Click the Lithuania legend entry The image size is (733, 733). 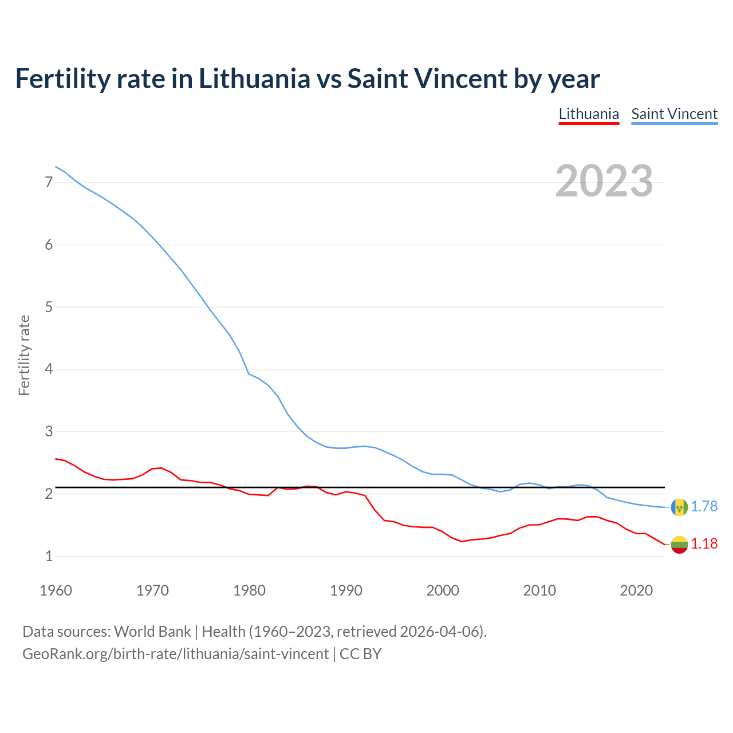pos(589,114)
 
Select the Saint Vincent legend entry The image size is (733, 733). pos(674,114)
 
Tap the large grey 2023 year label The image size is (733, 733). pos(604,181)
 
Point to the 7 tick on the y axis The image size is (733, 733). pos(49,182)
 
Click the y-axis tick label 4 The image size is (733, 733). pos(49,369)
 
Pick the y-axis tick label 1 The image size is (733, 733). pos(49,555)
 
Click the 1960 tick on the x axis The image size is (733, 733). pos(56,590)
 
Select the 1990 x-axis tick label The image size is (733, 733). pos(346,590)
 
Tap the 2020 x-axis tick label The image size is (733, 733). pos(636,590)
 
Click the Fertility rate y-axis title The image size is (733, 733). pos(24,355)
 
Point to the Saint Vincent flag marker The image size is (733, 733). pos(679,507)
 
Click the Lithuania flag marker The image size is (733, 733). pos(679,544)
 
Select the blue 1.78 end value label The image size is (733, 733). pos(704,507)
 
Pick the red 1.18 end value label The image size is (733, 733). pos(704,544)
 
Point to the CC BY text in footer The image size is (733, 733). pos(360,654)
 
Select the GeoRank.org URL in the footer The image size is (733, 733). pos(175,654)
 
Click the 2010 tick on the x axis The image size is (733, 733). pos(539,590)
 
